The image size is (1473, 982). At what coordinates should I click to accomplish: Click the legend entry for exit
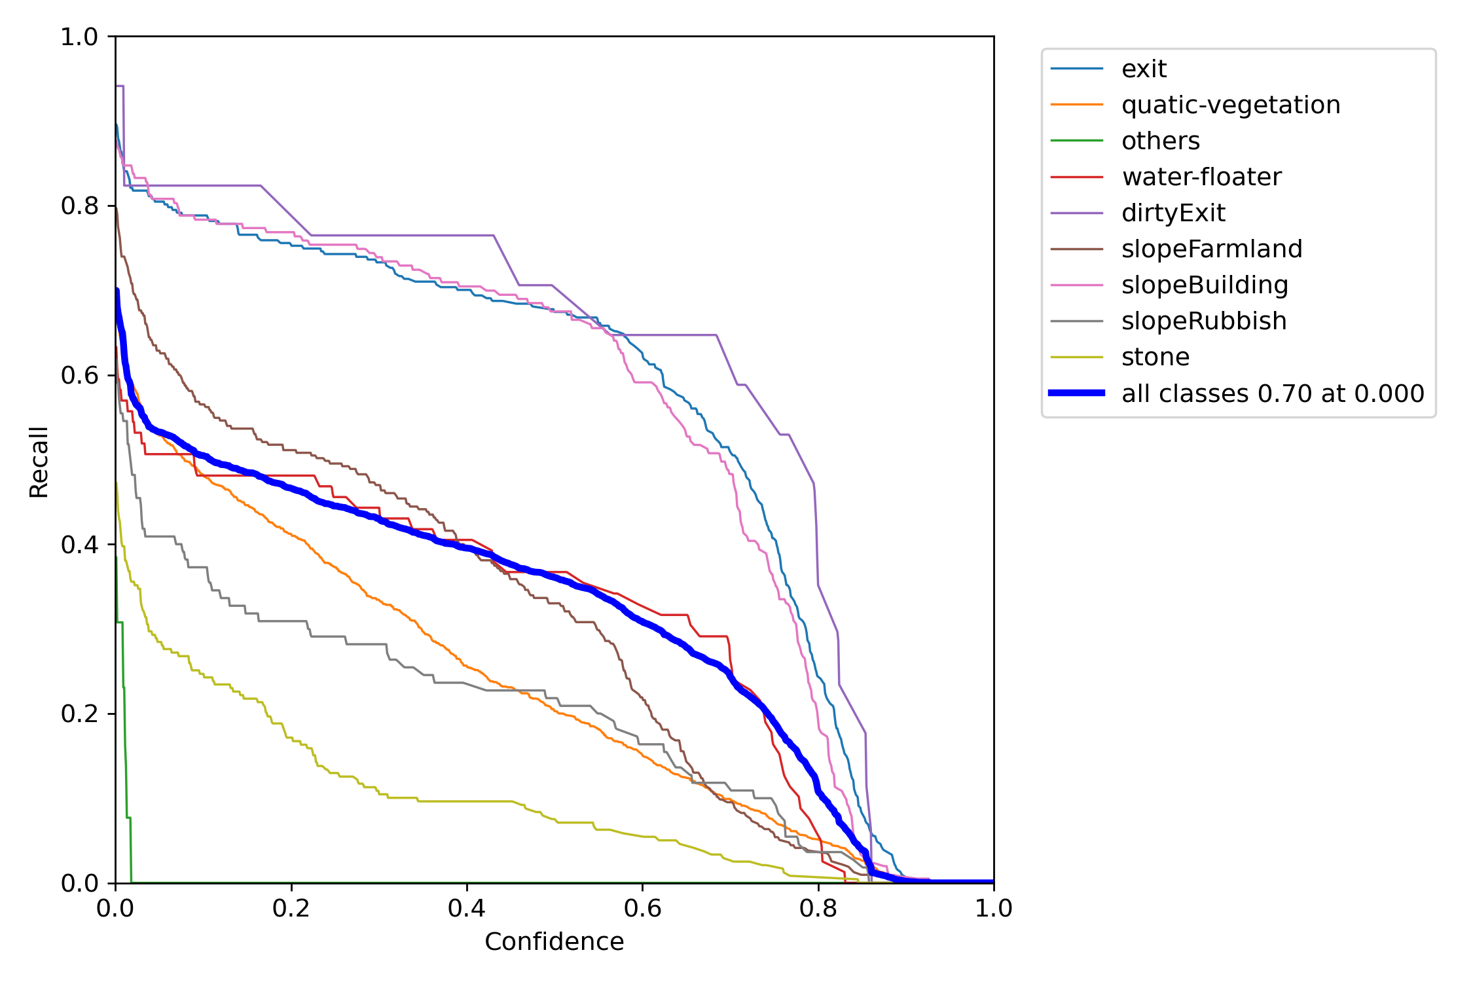[1143, 69]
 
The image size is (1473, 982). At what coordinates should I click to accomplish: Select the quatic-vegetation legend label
[1230, 105]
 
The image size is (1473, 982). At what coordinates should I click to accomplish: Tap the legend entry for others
[1160, 141]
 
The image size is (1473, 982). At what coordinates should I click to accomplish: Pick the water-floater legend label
[1201, 177]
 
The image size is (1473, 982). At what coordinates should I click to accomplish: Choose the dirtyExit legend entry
[1173, 213]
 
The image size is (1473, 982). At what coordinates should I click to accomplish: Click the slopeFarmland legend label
[1211, 249]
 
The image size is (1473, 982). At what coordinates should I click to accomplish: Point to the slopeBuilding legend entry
[1204, 285]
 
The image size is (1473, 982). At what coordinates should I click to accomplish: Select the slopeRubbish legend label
[1203, 321]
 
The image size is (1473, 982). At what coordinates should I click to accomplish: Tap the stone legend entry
[1155, 357]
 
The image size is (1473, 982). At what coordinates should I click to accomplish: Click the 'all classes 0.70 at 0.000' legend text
[1272, 393]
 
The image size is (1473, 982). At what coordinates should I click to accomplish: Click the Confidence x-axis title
[554, 941]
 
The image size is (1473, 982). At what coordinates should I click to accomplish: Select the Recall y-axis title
[39, 462]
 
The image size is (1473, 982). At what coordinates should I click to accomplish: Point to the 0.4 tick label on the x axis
[467, 908]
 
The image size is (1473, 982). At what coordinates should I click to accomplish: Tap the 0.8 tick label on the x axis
[818, 908]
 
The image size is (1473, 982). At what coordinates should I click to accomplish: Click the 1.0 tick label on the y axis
[79, 37]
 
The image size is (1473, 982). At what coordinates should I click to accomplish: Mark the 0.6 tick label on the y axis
[79, 375]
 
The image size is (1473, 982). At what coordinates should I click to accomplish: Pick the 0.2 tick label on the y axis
[79, 714]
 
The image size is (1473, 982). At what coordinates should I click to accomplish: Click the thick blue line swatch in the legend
[1076, 393]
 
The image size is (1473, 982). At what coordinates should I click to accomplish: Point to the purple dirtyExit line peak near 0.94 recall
[120, 86]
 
